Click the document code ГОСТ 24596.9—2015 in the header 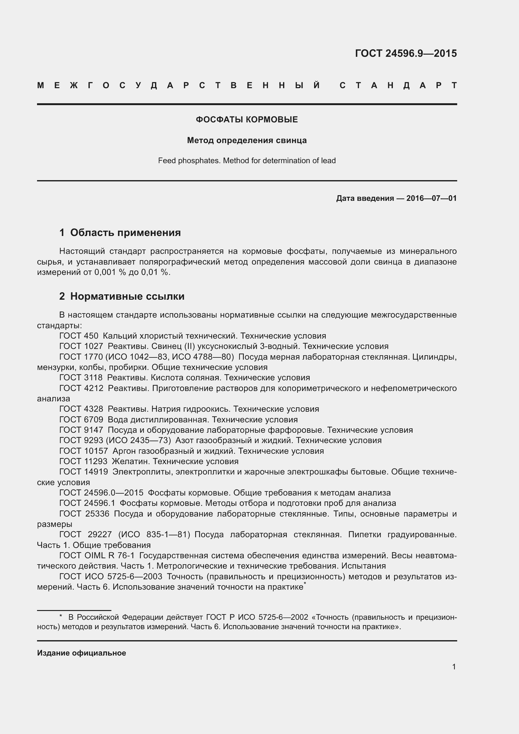(405, 53)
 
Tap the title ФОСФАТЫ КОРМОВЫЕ (247, 120)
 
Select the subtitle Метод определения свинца (247, 140)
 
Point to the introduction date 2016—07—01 (431, 199)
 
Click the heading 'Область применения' (125, 233)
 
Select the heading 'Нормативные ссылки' (127, 296)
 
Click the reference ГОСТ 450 (79, 336)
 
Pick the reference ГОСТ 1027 (81, 346)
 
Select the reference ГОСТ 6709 (81, 420)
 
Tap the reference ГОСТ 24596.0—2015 (101, 493)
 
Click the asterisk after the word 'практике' (305, 584)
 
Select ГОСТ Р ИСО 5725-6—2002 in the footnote (257, 617)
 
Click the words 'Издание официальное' (82, 653)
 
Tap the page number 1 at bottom (454, 667)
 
